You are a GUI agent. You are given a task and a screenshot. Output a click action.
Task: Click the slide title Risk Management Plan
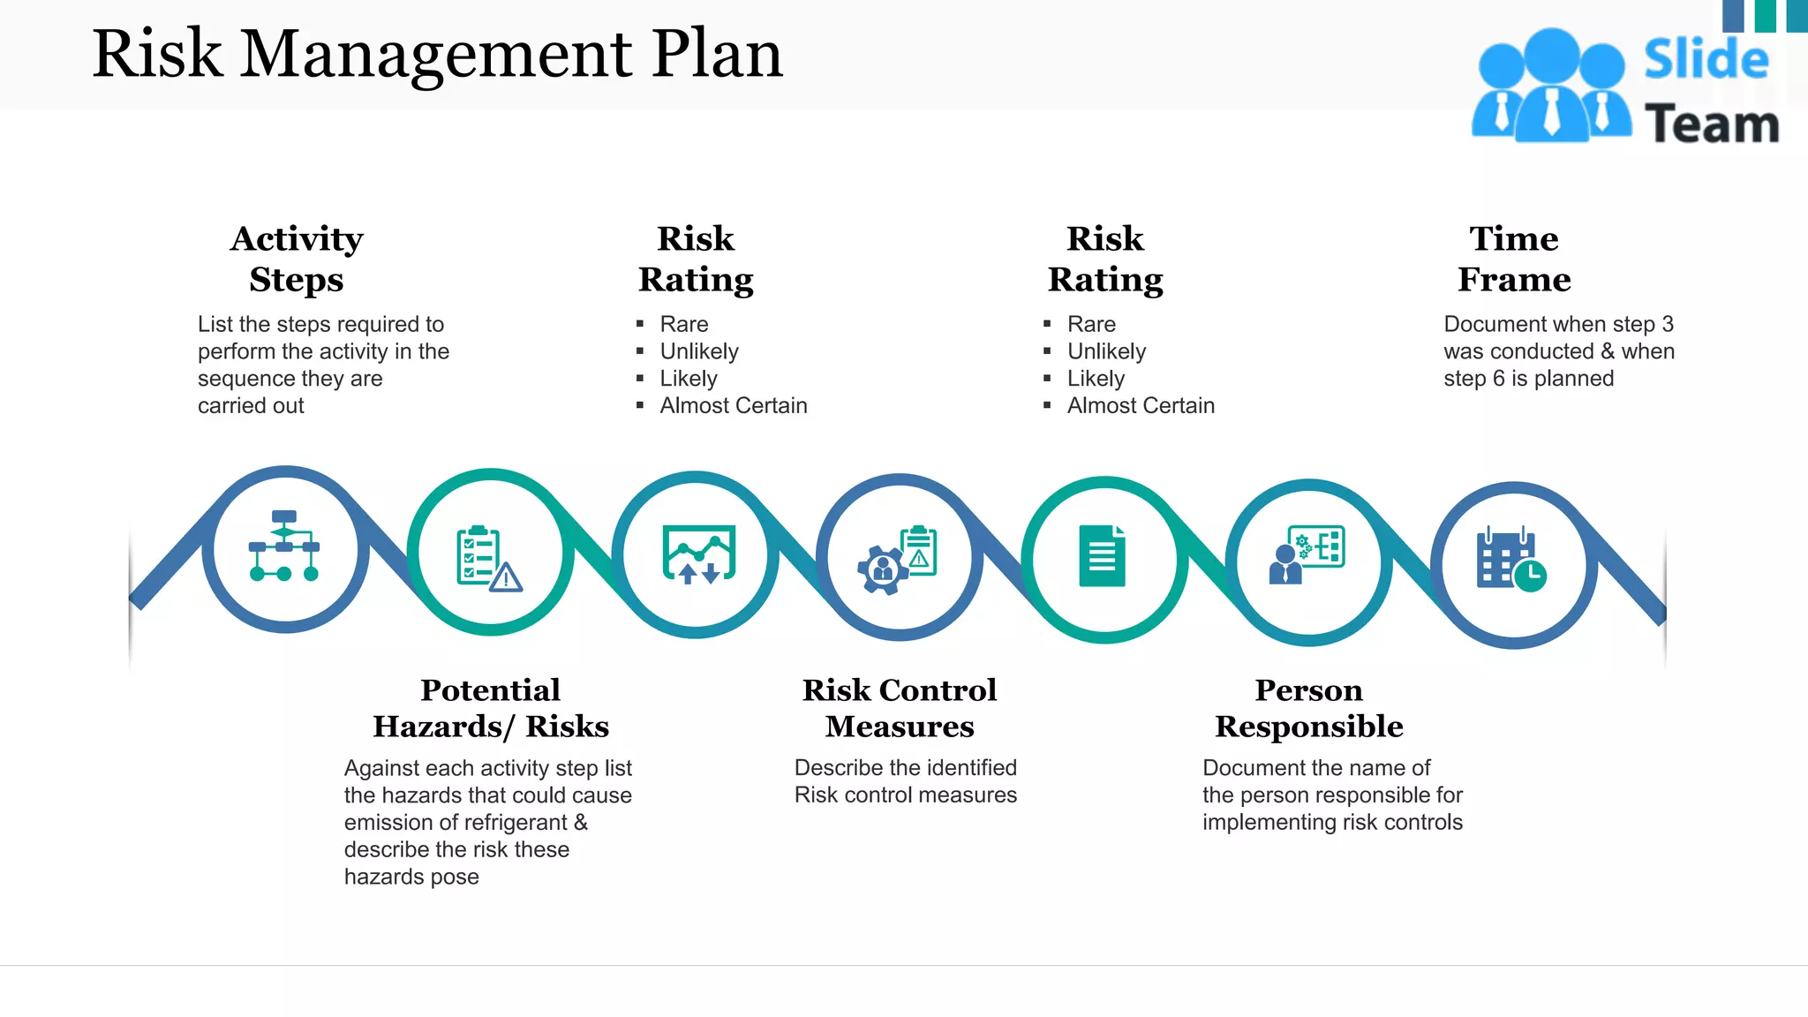pyautogui.click(x=437, y=55)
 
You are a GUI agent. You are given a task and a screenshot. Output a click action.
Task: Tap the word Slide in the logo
pyautogui.click(x=1706, y=60)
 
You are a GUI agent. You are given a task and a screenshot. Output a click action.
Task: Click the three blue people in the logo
pyautogui.click(x=1551, y=87)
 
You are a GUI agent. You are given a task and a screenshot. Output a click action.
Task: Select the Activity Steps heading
pyautogui.click(x=297, y=259)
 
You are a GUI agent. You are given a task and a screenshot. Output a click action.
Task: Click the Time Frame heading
pyautogui.click(x=1514, y=259)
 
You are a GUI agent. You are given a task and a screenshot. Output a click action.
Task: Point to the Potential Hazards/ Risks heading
pyautogui.click(x=491, y=708)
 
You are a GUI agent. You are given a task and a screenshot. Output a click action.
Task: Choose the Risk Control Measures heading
pyautogui.click(x=900, y=708)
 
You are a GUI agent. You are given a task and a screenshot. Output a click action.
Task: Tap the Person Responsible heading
pyautogui.click(x=1309, y=708)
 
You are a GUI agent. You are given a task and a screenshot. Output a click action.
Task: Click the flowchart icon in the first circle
pyautogui.click(x=284, y=546)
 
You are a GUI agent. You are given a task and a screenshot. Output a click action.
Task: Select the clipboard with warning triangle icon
pyautogui.click(x=488, y=558)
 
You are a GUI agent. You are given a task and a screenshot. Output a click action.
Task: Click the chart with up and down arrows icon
pyautogui.click(x=698, y=554)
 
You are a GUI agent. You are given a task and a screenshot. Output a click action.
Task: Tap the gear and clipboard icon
pyautogui.click(x=897, y=560)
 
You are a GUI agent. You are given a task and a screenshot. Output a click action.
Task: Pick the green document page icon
pyautogui.click(x=1102, y=556)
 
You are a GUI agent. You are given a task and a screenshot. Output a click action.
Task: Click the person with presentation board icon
pyautogui.click(x=1307, y=555)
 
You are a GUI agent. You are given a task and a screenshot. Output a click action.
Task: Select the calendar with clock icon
pyautogui.click(x=1510, y=561)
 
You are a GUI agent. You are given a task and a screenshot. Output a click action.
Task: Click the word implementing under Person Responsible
pyautogui.click(x=1265, y=823)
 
